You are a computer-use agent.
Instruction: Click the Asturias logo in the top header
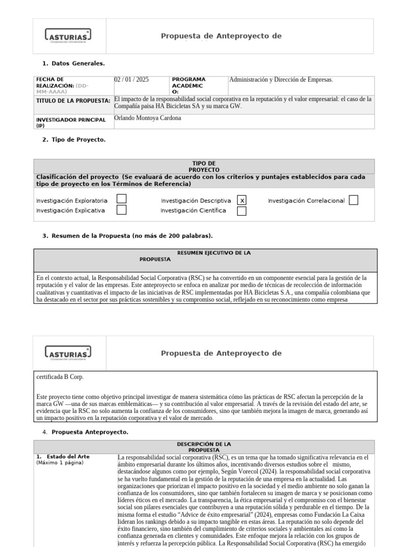click(67, 36)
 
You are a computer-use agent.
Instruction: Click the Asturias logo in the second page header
click(67, 353)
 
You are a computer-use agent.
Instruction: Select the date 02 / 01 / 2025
click(132, 80)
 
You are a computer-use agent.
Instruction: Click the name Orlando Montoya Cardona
click(148, 118)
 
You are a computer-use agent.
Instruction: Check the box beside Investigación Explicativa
click(122, 210)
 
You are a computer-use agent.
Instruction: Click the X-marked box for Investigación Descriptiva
click(242, 200)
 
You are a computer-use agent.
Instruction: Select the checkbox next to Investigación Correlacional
click(353, 200)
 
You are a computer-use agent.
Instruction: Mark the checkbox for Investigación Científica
click(242, 210)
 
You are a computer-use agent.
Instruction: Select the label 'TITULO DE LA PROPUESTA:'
click(73, 100)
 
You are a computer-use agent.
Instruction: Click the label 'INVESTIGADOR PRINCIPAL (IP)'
click(70, 122)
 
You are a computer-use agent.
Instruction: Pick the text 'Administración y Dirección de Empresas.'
click(281, 80)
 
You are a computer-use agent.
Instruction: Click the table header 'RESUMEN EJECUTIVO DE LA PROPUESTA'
click(206, 256)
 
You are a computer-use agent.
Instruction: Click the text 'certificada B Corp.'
click(60, 377)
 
